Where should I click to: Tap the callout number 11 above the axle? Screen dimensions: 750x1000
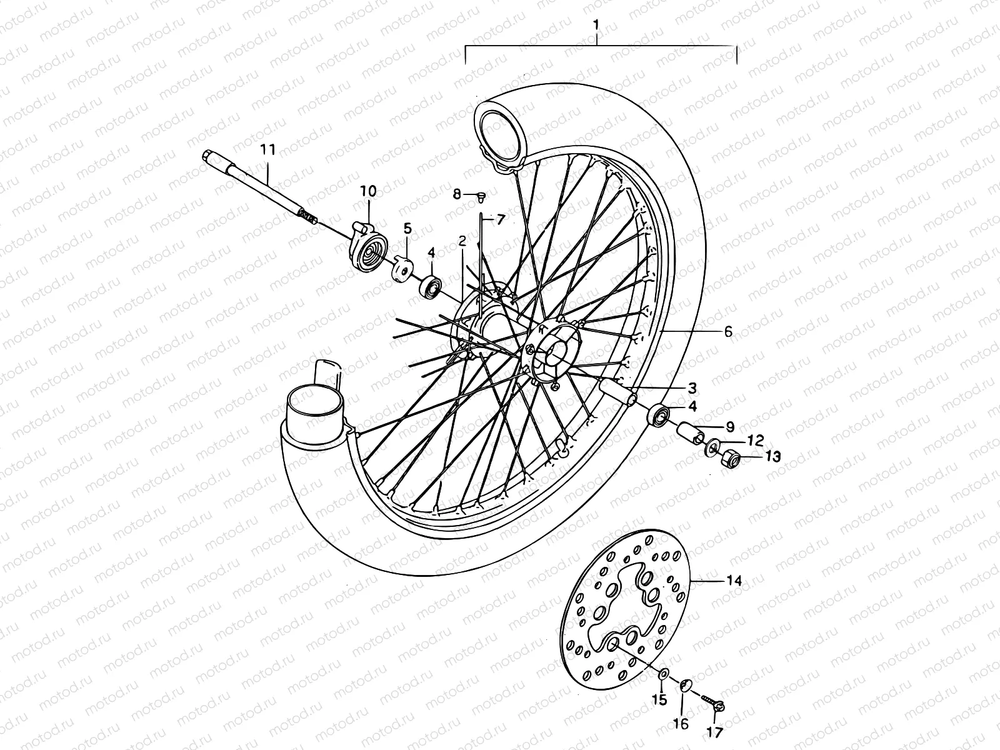(x=267, y=149)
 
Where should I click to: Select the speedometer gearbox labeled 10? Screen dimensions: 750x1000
(x=367, y=248)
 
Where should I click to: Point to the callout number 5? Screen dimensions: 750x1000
(x=407, y=229)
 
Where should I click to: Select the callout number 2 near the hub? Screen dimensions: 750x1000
(x=462, y=241)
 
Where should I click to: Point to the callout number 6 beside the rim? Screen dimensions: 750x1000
(x=727, y=332)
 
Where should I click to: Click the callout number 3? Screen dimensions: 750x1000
(x=692, y=387)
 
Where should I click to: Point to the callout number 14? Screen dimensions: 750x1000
(x=734, y=581)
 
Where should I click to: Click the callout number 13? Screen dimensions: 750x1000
(x=773, y=457)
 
